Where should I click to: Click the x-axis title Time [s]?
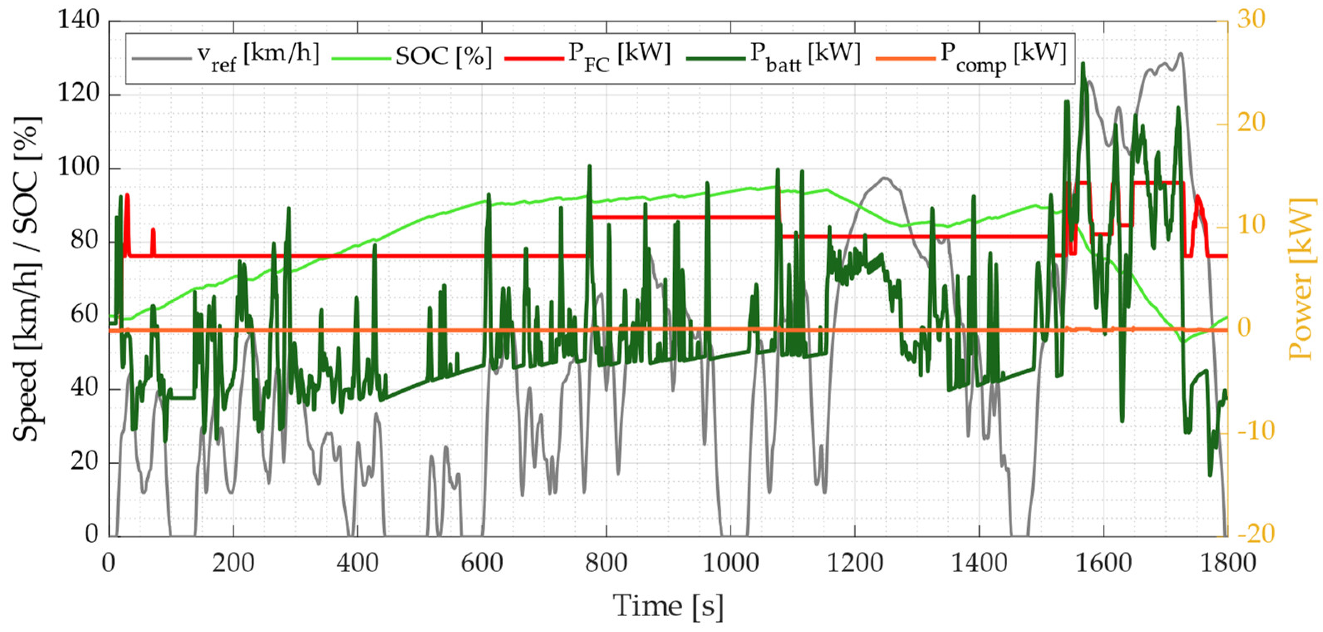click(668, 606)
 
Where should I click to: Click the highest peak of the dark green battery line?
click(1083, 63)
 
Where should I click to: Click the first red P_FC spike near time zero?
click(126, 194)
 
